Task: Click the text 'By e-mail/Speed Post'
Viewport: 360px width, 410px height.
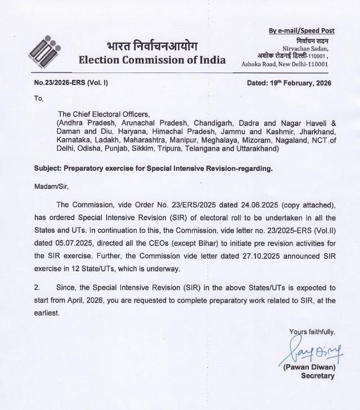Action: tap(301, 30)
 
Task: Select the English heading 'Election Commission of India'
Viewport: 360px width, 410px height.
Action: tap(152, 60)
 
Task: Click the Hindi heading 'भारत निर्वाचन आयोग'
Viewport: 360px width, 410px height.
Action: tap(152, 46)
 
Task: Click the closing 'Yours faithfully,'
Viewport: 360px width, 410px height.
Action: tap(311, 331)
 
